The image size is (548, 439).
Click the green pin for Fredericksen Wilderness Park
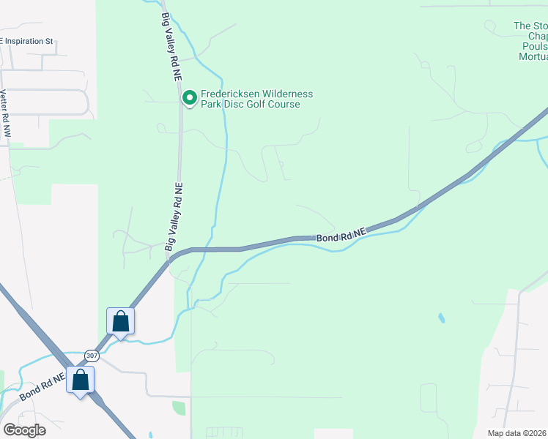point(189,98)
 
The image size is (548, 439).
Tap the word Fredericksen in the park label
point(235,94)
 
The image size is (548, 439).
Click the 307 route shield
point(92,356)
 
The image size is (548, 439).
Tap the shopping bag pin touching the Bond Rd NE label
point(81,381)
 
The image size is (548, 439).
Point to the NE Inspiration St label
point(27,42)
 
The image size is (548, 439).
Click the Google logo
point(24,429)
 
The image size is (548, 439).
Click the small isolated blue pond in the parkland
point(441,318)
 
